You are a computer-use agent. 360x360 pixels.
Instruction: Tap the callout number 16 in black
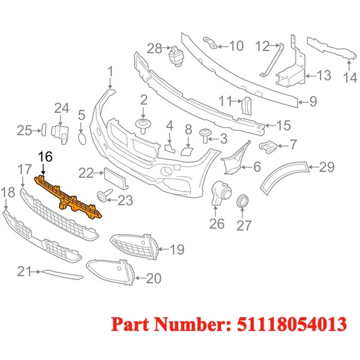tap(45, 157)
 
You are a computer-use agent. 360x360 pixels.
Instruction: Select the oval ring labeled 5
tap(82, 139)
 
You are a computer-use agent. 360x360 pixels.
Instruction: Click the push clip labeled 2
tap(143, 125)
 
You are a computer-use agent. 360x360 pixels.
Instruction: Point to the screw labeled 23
tap(104, 195)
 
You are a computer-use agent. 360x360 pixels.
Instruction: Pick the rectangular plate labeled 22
tap(116, 178)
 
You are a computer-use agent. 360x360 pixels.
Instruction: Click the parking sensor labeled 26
tap(221, 192)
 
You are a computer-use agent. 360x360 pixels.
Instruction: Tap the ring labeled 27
tap(242, 200)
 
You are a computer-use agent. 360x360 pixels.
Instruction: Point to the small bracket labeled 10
tap(211, 43)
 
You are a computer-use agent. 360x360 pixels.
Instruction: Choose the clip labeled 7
tap(268, 148)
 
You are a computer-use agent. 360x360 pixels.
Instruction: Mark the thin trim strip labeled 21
tap(62, 275)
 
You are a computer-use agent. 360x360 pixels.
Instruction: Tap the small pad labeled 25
tap(44, 130)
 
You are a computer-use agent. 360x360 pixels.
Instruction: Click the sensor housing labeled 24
tap(60, 134)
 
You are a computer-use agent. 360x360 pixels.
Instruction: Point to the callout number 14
tap(350, 77)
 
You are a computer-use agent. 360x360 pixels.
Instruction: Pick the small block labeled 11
tap(246, 106)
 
